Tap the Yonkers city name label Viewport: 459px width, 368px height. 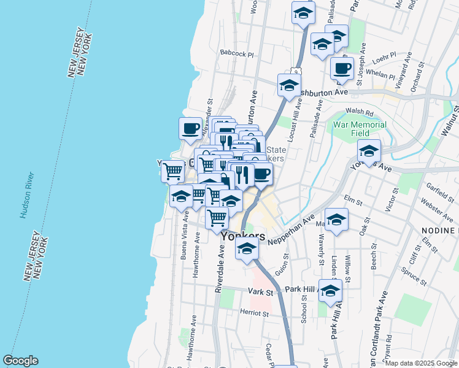pos(243,236)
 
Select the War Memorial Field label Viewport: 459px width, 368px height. pos(360,129)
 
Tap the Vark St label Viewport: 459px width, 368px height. pos(260,290)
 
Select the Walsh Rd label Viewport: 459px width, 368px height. pos(360,112)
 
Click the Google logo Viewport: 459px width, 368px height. pos(20,361)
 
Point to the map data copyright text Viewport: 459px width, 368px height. pos(421,363)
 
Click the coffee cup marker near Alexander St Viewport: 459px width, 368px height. pos(191,128)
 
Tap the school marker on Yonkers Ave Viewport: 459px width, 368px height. pos(369,150)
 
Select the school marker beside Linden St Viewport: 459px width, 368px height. pos(336,220)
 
